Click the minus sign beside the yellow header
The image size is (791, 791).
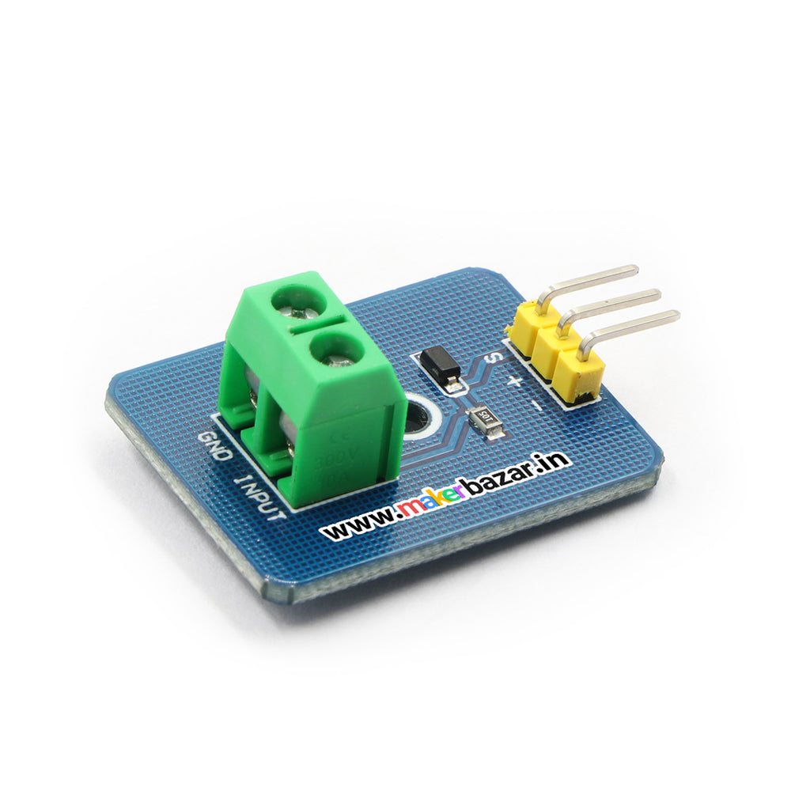(536, 406)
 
